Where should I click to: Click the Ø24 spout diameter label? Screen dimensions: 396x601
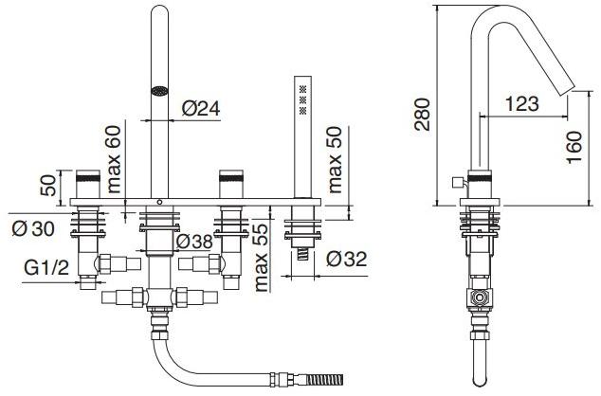[200, 109]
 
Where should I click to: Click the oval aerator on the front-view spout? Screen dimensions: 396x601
[160, 93]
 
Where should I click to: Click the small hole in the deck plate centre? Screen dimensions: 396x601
[159, 202]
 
